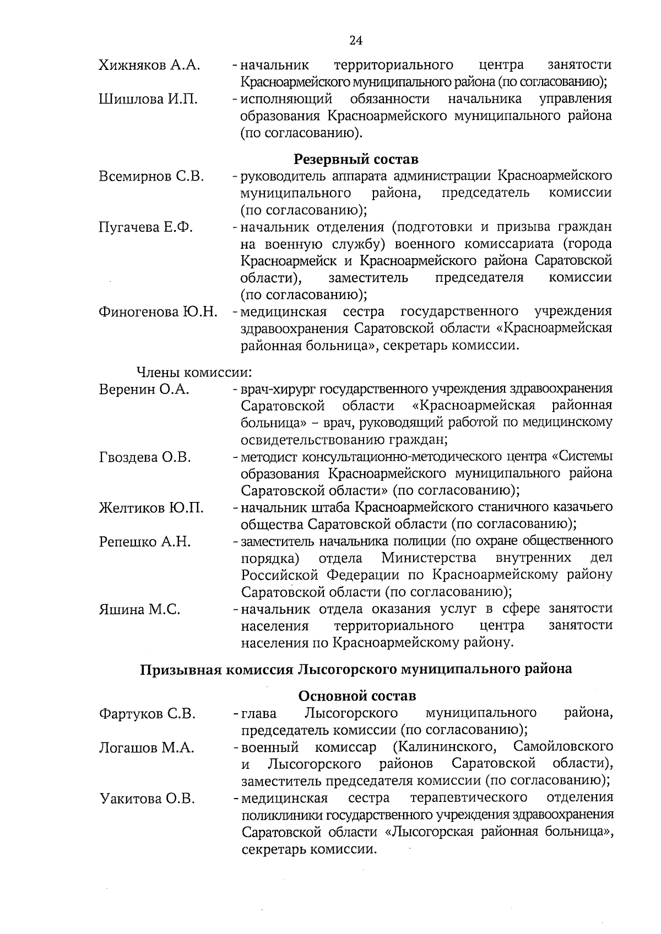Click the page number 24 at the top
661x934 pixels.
pos(356,40)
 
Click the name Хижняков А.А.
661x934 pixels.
pos(149,65)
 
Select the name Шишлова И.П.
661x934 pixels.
pos(148,100)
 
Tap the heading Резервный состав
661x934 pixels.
pos(356,160)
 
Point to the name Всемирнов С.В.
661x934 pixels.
pos(151,177)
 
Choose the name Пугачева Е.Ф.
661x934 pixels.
pos(145,227)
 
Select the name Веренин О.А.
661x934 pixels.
pos(144,390)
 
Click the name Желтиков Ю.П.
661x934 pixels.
pos(151,508)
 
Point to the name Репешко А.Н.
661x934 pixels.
pos(145,542)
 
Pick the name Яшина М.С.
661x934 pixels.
pos(140,610)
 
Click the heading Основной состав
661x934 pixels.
pos(357,696)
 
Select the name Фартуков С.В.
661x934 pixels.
pos(148,714)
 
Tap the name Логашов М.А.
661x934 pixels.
pos(147,748)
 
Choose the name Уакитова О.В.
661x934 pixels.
pos(147,799)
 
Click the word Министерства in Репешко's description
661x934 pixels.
pos(429,558)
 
